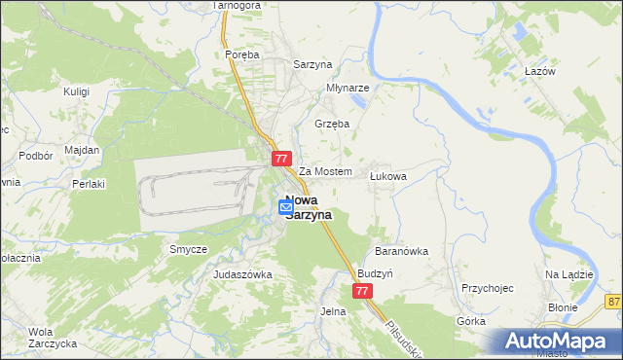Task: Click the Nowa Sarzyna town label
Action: (x=309, y=207)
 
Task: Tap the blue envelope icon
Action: (x=286, y=206)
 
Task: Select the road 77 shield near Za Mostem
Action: (x=281, y=159)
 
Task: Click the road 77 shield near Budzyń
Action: (x=362, y=291)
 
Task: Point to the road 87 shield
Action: (x=613, y=302)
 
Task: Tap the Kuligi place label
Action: (x=76, y=90)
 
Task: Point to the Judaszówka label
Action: (x=242, y=274)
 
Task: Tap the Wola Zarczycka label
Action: (x=41, y=336)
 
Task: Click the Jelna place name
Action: (x=333, y=311)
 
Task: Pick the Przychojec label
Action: (x=487, y=288)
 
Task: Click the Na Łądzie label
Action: (x=569, y=274)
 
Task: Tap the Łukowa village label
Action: (x=387, y=177)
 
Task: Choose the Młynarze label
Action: (x=348, y=86)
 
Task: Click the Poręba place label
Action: (x=241, y=55)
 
